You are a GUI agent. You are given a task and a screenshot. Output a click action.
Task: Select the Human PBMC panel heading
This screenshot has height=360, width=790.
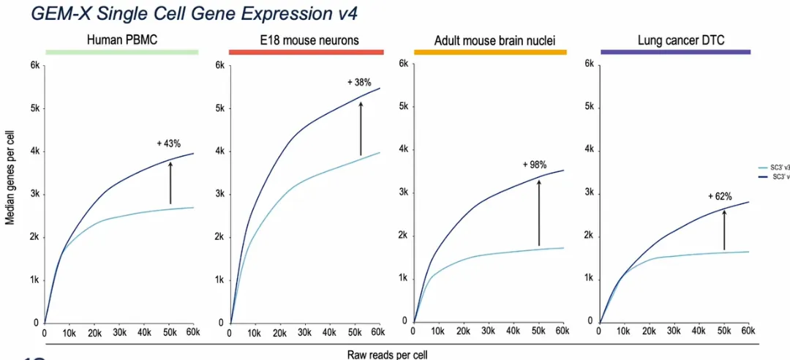click(x=121, y=40)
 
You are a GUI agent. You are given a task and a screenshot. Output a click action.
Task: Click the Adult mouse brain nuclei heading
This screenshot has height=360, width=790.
click(x=490, y=41)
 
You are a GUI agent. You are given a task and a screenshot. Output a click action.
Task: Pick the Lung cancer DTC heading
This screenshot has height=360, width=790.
click(x=675, y=40)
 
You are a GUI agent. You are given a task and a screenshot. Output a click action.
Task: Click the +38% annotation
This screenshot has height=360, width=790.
click(x=359, y=83)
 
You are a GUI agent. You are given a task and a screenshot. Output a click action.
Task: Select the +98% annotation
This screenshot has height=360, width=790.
click(x=534, y=165)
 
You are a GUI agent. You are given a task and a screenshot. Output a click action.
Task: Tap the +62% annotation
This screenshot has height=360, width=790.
click(x=721, y=196)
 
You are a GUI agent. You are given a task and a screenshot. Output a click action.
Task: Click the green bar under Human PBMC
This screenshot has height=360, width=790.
click(x=121, y=52)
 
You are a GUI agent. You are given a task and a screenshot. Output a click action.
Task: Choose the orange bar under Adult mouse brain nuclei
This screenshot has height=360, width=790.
click(x=490, y=53)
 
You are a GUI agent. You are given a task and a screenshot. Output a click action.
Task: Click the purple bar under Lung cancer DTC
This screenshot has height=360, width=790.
click(x=675, y=52)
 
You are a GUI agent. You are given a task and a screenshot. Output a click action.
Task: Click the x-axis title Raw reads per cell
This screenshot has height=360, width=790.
click(x=387, y=353)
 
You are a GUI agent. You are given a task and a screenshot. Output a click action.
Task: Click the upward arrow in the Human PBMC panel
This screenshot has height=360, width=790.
click(x=170, y=183)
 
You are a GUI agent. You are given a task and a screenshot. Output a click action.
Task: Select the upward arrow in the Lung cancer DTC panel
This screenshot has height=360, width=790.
click(x=724, y=230)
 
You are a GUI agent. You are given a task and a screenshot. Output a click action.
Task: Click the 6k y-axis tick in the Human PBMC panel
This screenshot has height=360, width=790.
click(x=34, y=66)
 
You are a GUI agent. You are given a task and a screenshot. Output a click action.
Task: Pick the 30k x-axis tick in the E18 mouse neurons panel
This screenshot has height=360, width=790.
click(x=303, y=333)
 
